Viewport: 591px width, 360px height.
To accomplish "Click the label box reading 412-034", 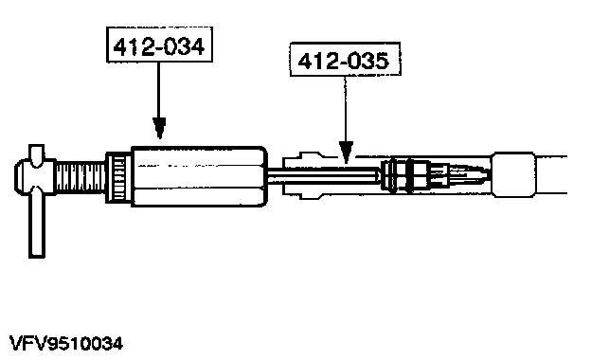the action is pyautogui.click(x=159, y=45).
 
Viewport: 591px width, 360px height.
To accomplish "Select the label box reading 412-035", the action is pyautogui.click(x=345, y=59).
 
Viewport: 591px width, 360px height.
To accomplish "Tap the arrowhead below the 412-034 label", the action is pyautogui.click(x=159, y=127).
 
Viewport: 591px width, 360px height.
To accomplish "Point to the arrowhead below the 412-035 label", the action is pyautogui.click(x=346, y=152).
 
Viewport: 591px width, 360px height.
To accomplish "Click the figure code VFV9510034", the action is pyautogui.click(x=66, y=343).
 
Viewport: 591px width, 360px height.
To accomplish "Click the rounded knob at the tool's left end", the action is pyautogui.click(x=23, y=175).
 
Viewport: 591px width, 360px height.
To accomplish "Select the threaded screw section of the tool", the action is pyautogui.click(x=81, y=175).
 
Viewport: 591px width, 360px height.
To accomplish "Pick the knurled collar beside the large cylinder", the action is pyautogui.click(x=118, y=177).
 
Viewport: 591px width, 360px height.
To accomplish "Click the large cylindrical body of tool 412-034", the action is pyautogui.click(x=200, y=176).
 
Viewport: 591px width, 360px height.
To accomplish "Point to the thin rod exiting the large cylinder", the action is pyautogui.click(x=323, y=176).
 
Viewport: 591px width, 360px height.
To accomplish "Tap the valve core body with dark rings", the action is pyautogui.click(x=405, y=175).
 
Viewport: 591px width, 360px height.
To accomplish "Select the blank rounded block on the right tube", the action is pyautogui.click(x=513, y=175).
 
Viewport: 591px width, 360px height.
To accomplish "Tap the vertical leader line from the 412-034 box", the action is pyautogui.click(x=159, y=90).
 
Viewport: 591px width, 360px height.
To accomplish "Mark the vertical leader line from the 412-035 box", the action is pyautogui.click(x=345, y=109).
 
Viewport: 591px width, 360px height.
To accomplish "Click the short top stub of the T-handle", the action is pyautogui.click(x=37, y=155).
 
